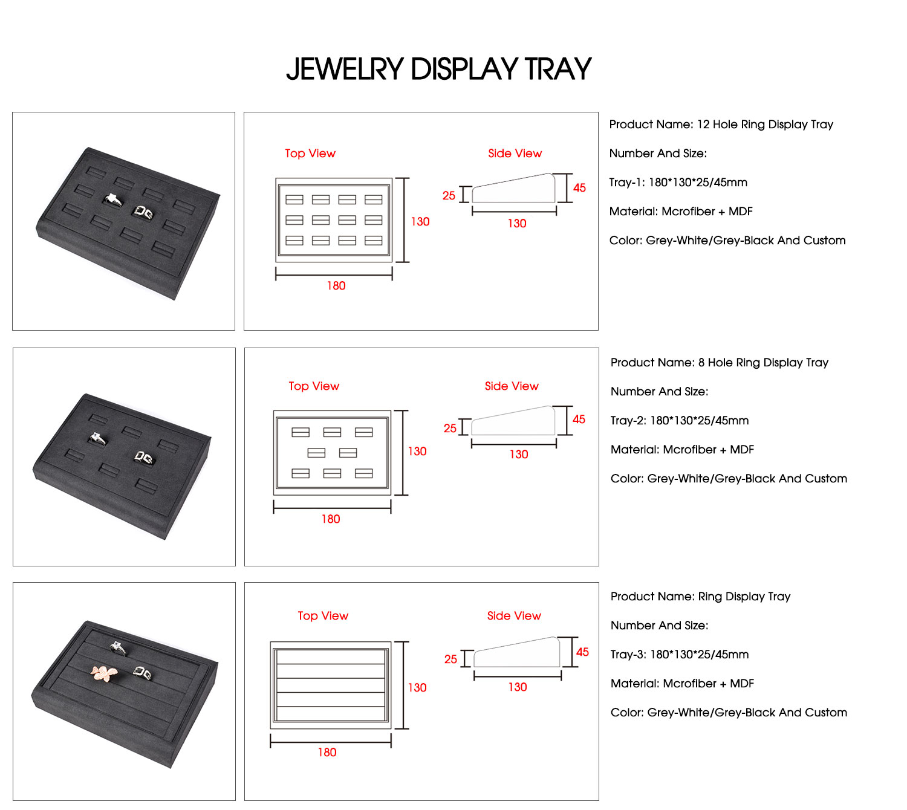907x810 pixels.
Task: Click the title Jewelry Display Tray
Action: click(438, 69)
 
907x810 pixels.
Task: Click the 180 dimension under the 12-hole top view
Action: click(336, 286)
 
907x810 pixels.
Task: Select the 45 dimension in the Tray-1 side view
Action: click(579, 188)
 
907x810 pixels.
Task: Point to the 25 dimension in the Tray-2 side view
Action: click(450, 428)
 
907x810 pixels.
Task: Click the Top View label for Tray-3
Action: click(323, 615)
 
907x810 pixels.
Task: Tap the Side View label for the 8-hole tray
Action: click(512, 386)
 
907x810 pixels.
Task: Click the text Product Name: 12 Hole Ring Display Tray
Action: click(721, 125)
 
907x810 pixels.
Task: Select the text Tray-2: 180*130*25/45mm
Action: click(679, 421)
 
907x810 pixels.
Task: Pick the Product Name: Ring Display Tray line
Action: click(700, 597)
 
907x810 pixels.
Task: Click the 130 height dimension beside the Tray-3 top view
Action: click(417, 687)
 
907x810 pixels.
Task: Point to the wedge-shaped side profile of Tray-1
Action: click(513, 189)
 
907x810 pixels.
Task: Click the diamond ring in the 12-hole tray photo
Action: click(112, 200)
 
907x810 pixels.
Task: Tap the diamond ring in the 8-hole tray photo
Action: click(97, 439)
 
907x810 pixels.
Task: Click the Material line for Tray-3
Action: click(682, 684)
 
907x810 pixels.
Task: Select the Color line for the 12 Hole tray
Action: click(727, 241)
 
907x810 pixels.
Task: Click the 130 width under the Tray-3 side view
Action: click(518, 687)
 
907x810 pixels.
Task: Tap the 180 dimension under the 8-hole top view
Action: click(331, 519)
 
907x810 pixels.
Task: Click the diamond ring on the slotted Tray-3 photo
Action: click(119, 648)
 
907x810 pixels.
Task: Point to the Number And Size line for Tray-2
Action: click(659, 392)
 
